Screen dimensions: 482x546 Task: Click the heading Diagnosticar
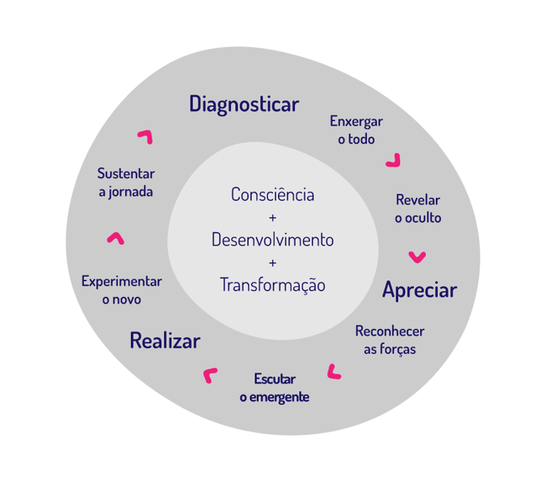coord(244,105)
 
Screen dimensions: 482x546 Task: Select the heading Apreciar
coord(419,290)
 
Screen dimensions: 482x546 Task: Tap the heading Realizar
coord(165,341)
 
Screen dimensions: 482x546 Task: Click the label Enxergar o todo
coord(356,130)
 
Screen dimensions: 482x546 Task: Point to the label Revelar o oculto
coord(418,209)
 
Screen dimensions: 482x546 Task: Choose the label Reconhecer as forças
coord(390,340)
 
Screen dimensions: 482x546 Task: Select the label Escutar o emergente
coord(274,388)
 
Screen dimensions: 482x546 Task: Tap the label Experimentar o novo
coord(122,290)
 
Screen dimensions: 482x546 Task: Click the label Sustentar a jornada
coord(126,182)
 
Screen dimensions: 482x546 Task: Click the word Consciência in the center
coord(273,194)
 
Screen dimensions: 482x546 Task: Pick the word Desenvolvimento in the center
coord(273,240)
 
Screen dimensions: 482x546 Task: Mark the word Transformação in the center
coord(273,285)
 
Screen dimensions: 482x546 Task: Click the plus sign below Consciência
coord(273,217)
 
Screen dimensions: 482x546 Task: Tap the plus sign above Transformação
coord(273,263)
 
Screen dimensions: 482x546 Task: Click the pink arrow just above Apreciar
coord(417,256)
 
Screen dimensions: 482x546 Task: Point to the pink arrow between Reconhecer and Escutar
coord(333,372)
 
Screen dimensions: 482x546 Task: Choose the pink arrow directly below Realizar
coord(210,375)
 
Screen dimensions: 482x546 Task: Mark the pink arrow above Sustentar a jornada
coord(145,136)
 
